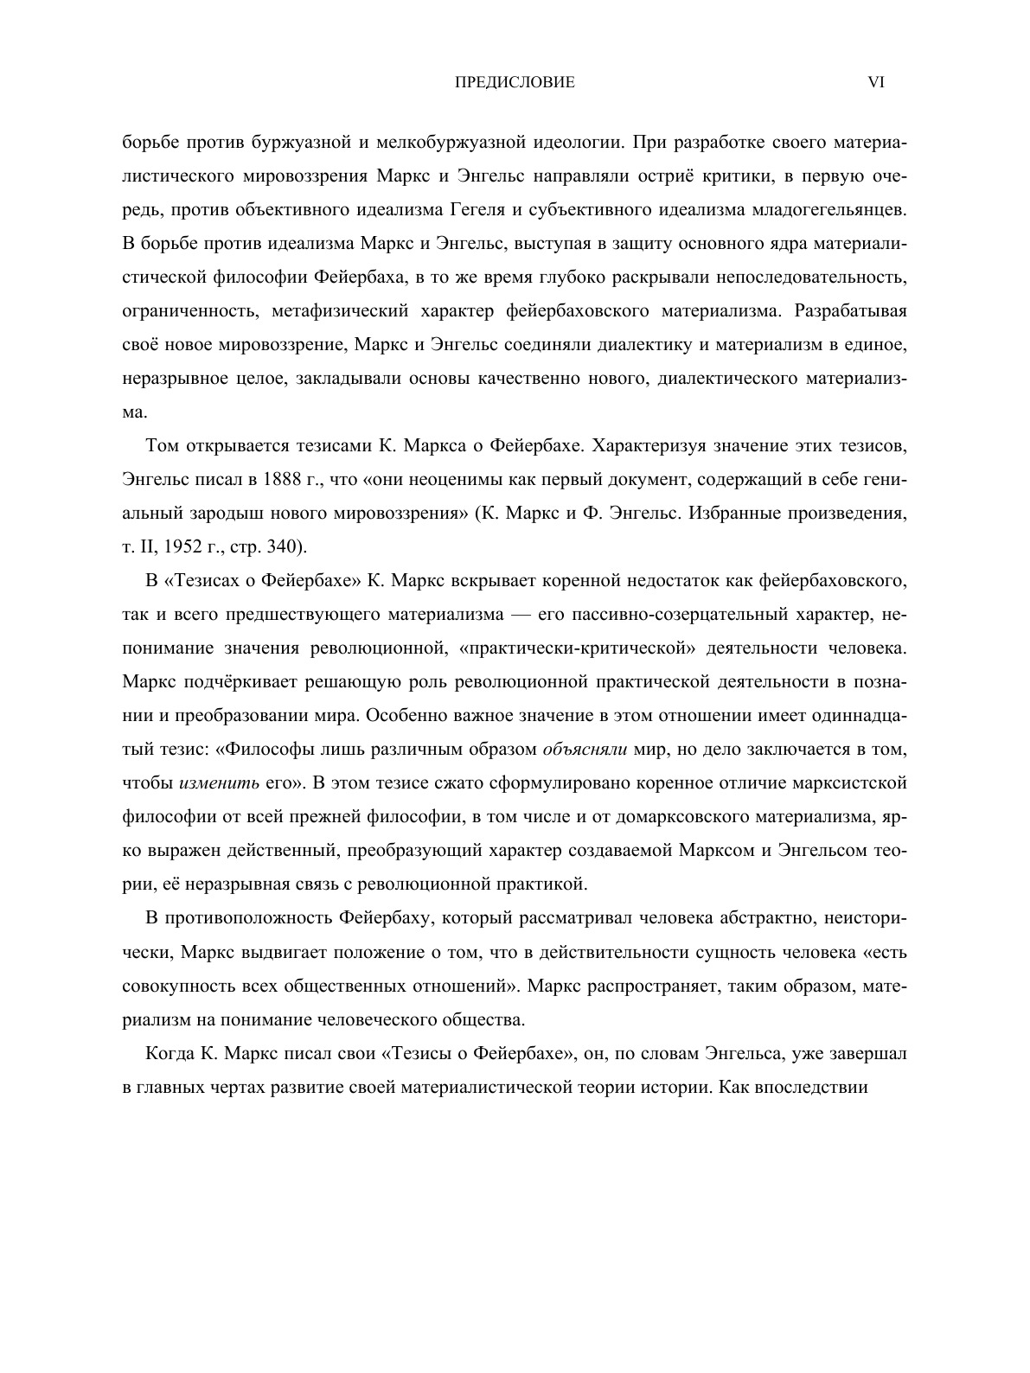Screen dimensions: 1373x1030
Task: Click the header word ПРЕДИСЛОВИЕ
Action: [x=515, y=83]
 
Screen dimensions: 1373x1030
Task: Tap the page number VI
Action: [x=875, y=83]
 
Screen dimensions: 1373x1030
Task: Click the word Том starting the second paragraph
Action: [x=162, y=446]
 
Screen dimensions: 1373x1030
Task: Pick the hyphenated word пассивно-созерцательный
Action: [x=641, y=615]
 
